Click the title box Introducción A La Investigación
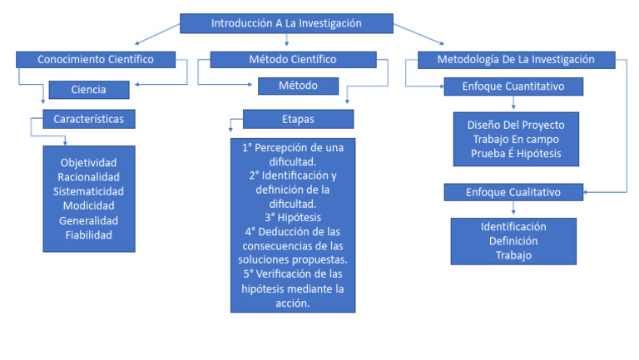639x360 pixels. (286, 23)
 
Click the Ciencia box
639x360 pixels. (88, 88)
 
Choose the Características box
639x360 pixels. (88, 119)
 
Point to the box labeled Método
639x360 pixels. (287, 85)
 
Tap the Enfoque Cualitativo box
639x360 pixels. (513, 192)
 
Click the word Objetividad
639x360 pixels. (88, 161)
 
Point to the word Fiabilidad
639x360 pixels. (88, 235)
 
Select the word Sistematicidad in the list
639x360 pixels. (88, 191)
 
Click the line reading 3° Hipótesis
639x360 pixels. (293, 217)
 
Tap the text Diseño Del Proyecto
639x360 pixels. (515, 125)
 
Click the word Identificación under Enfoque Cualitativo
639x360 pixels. (513, 226)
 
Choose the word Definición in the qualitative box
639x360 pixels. (513, 241)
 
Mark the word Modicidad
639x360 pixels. (88, 205)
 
